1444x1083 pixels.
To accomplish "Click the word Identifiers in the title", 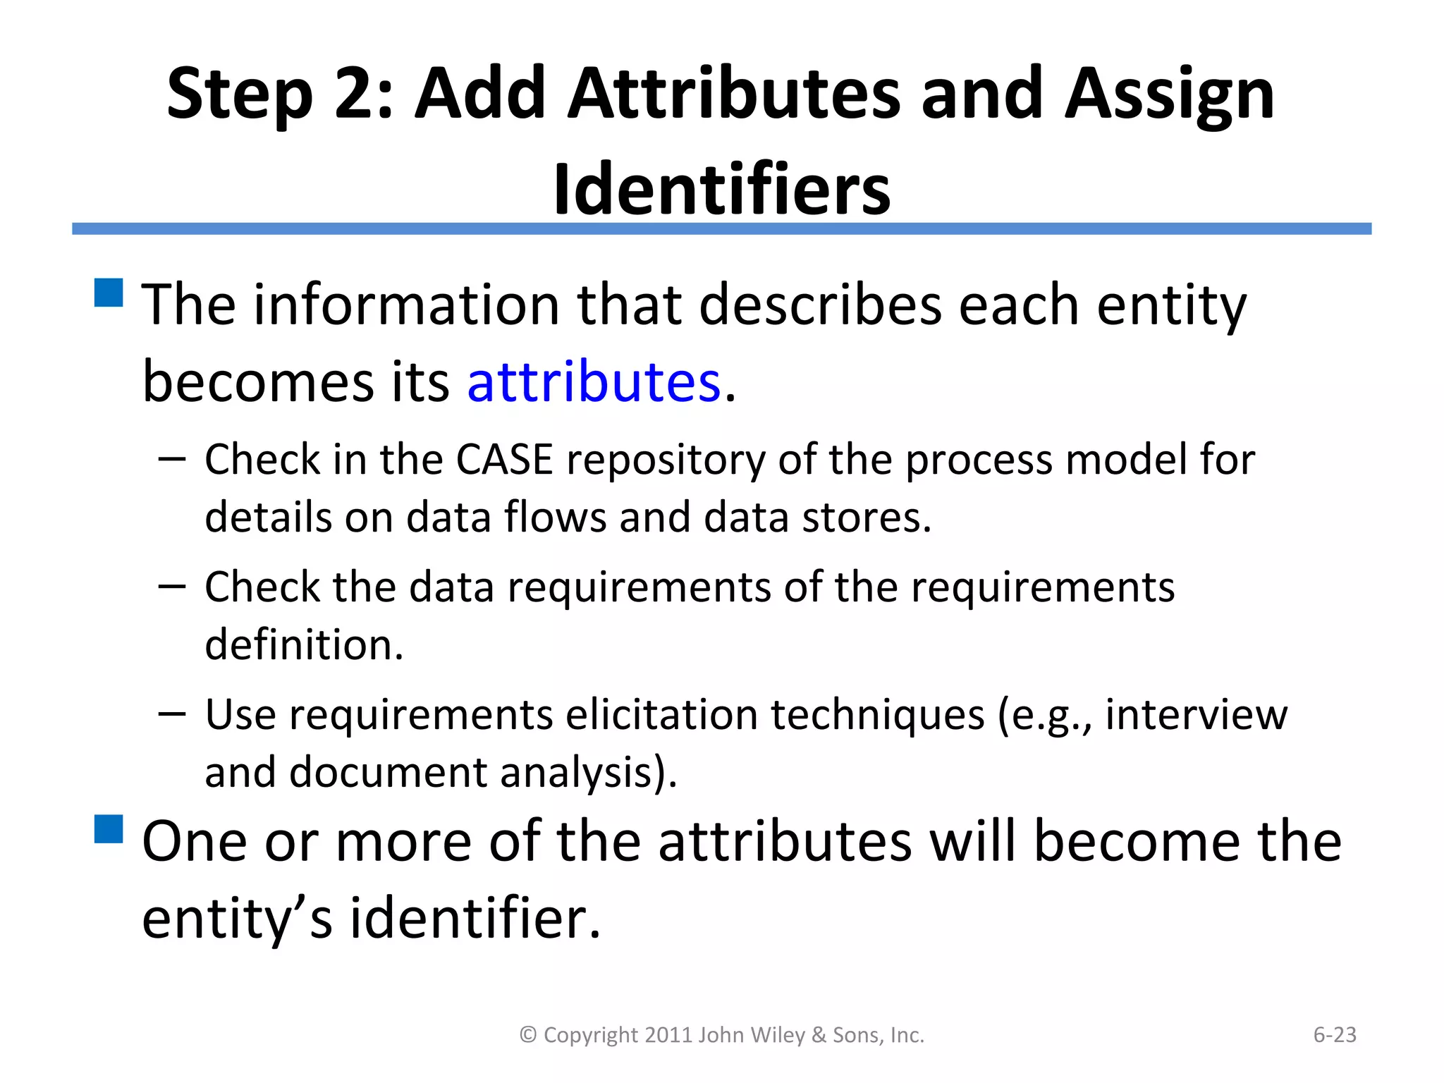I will point(722,189).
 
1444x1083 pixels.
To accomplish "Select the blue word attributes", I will point(594,381).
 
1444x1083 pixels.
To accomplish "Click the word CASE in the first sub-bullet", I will point(504,460).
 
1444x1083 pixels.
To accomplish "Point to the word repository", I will point(666,461).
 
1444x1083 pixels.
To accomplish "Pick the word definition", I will point(304,644).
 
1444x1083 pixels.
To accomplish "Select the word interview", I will point(1196,714).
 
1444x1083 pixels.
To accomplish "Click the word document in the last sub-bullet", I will point(388,772).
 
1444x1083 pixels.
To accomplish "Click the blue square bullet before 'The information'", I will point(109,293).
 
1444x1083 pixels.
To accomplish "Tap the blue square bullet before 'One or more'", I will point(109,828).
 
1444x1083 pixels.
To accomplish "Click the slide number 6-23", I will point(1334,1034).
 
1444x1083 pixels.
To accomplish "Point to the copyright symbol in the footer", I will point(528,1035).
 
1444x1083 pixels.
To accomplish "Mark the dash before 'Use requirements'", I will point(172,714).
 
